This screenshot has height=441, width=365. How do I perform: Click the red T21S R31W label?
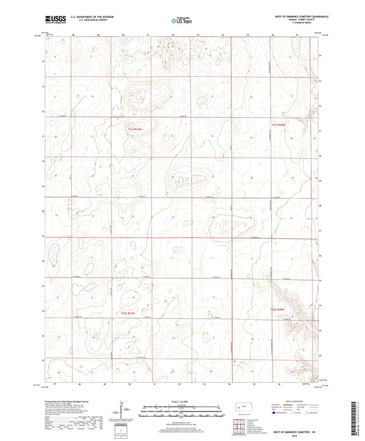(x=135, y=127)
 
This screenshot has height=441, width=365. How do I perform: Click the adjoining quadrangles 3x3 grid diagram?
(x=236, y=429)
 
